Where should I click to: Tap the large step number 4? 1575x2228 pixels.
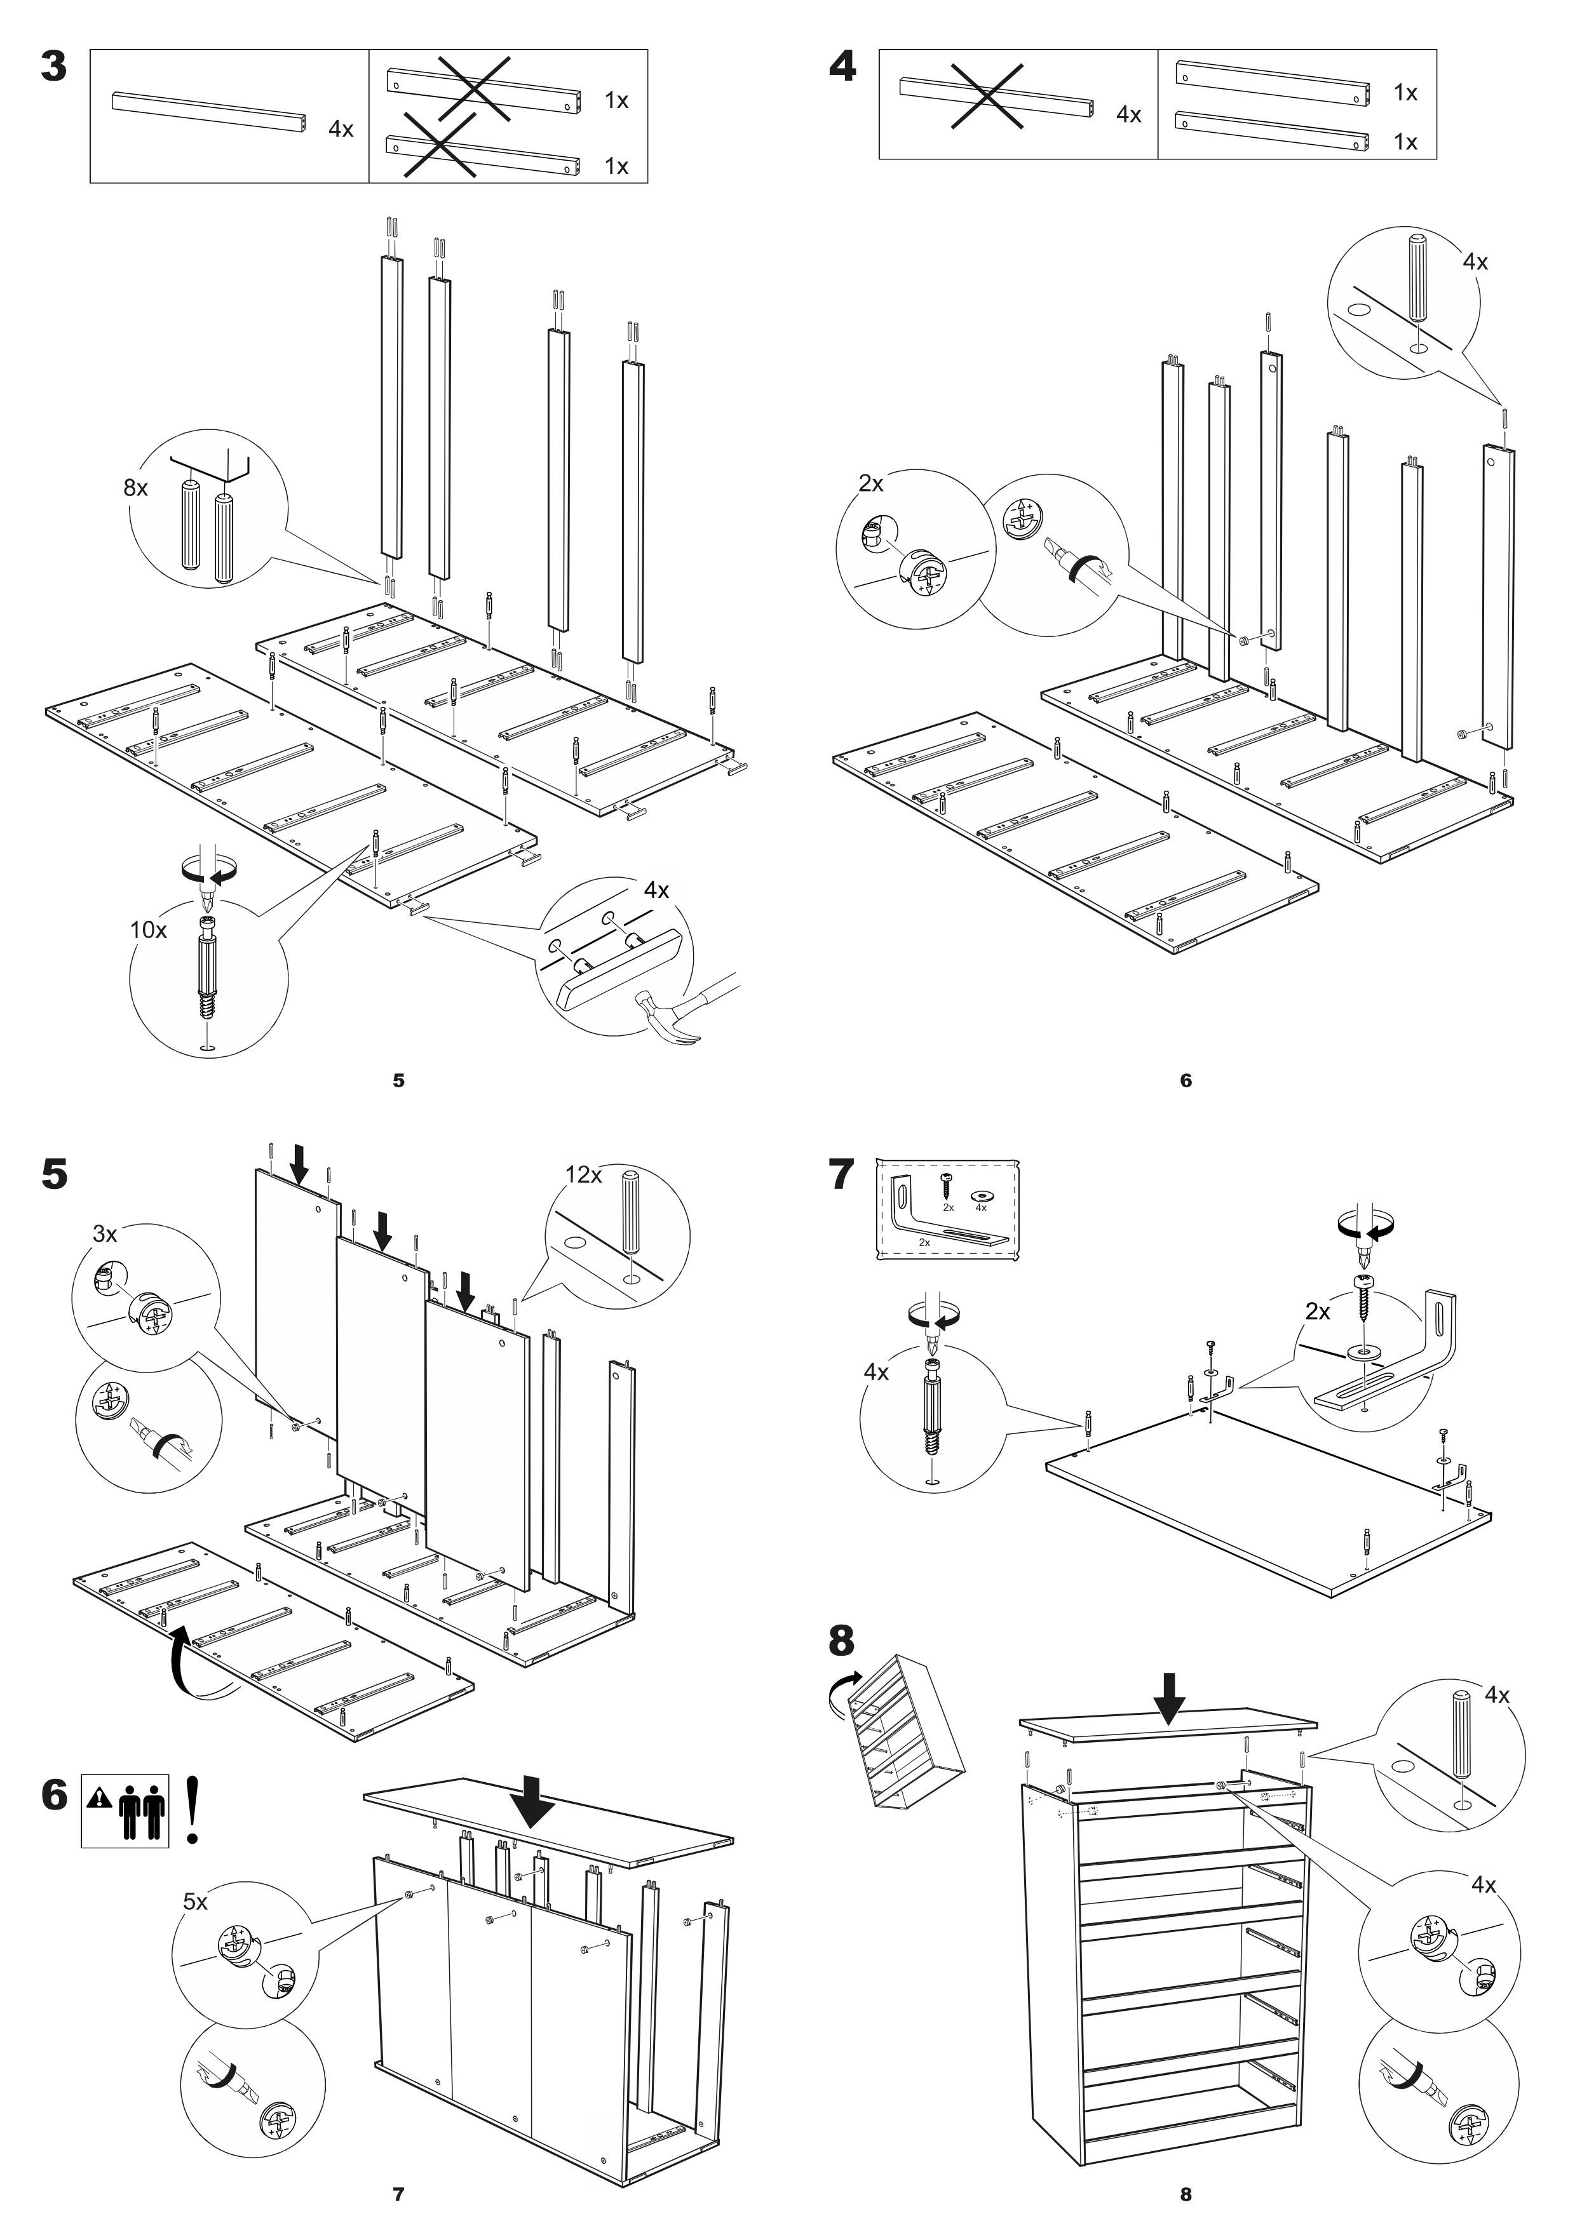pyautogui.click(x=842, y=67)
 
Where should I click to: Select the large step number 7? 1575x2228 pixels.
pyautogui.click(x=841, y=1175)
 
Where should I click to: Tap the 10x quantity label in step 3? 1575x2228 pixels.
pyautogui.click(x=149, y=930)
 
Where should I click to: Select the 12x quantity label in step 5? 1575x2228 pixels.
pyautogui.click(x=583, y=1175)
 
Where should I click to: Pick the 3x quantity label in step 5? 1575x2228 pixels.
pyautogui.click(x=105, y=1234)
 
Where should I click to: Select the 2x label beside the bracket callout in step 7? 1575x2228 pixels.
pyautogui.click(x=1318, y=1312)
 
